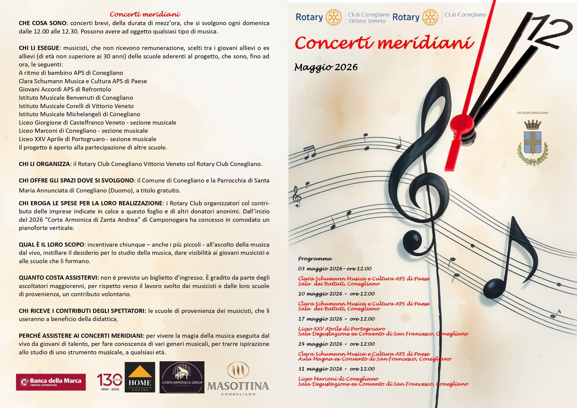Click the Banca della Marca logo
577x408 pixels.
coord(51,382)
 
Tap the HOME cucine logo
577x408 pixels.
coord(140,377)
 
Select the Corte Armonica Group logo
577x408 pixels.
coord(182,377)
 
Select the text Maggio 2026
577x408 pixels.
coord(326,67)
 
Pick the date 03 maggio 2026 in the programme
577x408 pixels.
coord(320,269)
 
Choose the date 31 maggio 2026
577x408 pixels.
coord(320,369)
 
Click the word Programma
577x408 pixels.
coord(315,259)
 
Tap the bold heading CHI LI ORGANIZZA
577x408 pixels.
coord(44,164)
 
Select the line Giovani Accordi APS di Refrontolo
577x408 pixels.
coord(65,90)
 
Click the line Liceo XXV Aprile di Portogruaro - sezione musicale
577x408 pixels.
coord(87,139)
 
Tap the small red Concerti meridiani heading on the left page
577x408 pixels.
coord(145,14)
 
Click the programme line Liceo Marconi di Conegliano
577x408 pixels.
coord(338,379)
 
